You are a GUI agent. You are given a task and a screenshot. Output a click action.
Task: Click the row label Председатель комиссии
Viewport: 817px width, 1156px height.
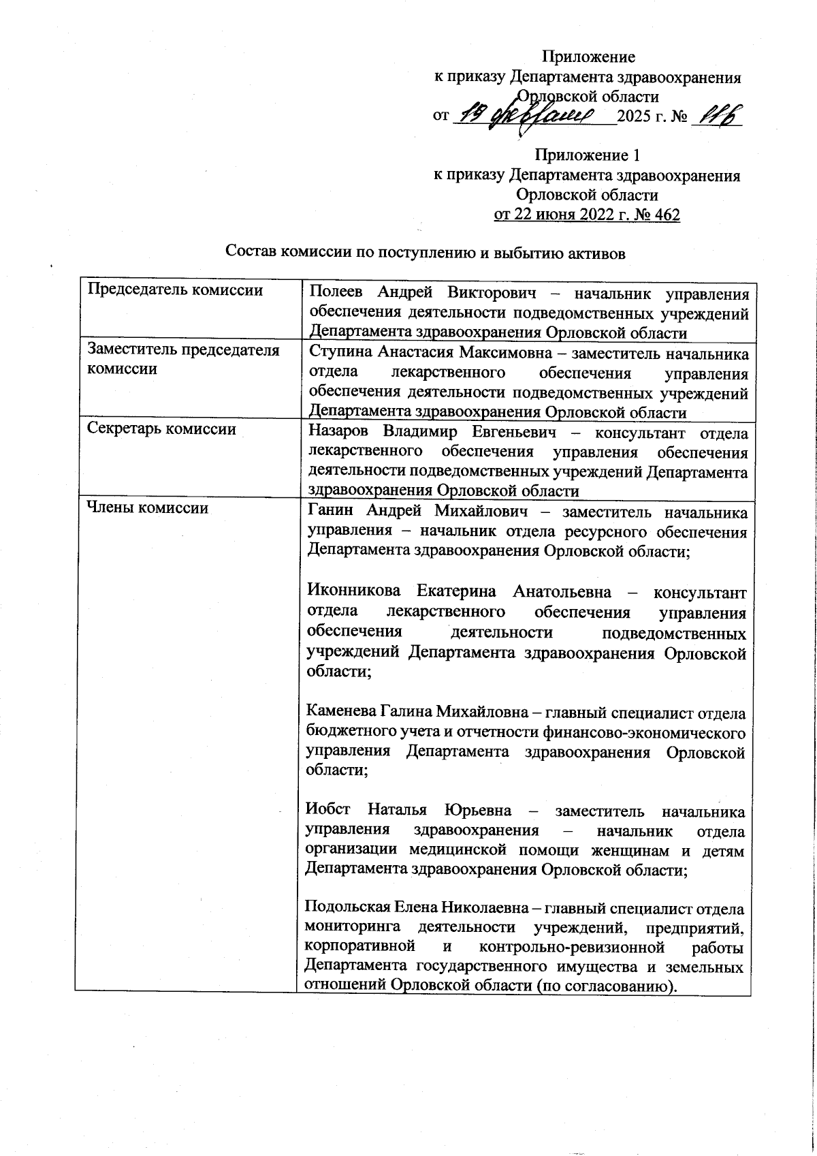coord(176,290)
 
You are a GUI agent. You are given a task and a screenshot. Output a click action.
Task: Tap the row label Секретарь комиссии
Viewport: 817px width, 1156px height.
coord(162,429)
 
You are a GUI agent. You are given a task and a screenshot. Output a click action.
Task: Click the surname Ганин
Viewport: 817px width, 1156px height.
coord(327,512)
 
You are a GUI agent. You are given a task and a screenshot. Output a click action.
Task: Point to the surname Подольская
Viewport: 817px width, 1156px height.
coord(345,909)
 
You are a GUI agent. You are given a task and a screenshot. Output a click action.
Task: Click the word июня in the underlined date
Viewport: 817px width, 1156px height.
coord(552,215)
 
